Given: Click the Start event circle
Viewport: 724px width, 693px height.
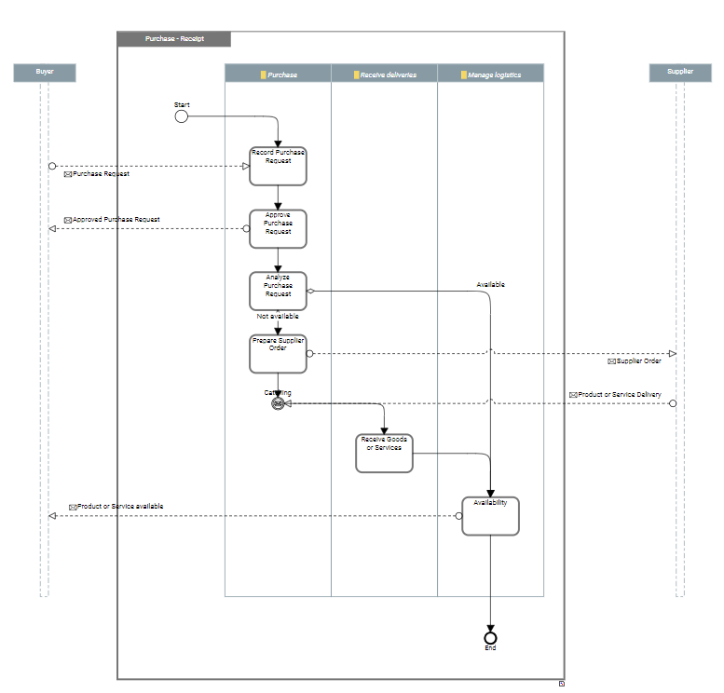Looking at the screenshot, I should (181, 116).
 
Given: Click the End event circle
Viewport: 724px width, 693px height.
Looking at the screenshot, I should (490, 637).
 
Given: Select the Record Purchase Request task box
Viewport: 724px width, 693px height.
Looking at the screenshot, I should (278, 166).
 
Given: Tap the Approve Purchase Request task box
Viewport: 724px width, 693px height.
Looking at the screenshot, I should (278, 228).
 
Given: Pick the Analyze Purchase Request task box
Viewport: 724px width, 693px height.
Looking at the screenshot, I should (278, 291).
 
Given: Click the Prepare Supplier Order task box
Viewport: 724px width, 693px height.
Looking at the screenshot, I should (278, 354).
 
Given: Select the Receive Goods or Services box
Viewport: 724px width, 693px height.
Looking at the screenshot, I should (383, 453).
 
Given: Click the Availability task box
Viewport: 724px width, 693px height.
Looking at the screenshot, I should (490, 516).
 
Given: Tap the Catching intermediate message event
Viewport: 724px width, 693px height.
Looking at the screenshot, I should (278, 403).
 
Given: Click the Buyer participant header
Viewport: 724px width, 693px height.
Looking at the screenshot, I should (44, 73).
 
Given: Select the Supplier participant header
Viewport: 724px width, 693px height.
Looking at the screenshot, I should (679, 73).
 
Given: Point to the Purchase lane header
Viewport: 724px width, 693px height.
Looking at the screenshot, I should (278, 74).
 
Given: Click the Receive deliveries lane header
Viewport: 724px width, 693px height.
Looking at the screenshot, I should (384, 74).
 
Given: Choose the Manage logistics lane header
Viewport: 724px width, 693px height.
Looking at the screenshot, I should (490, 74).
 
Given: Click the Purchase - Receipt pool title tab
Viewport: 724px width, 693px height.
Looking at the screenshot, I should (174, 39).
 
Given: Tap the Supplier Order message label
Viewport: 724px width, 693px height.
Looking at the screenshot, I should (638, 360).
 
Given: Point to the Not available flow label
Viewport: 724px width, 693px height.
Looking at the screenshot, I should (278, 317).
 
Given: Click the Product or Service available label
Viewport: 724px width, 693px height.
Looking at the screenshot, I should (119, 507).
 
